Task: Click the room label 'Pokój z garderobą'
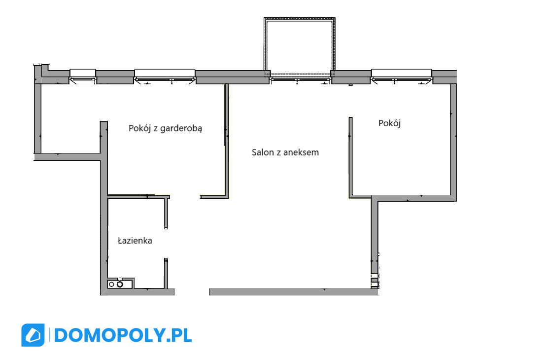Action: [165, 128]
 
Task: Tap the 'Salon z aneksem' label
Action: [285, 152]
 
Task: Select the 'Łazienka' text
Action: [135, 241]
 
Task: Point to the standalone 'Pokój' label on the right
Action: [389, 123]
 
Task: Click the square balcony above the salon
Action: [300, 19]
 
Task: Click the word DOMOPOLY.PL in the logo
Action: [123, 335]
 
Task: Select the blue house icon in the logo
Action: [33, 335]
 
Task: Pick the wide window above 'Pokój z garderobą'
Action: [165, 76]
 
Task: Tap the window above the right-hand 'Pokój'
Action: [402, 76]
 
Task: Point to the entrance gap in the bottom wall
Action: [192, 291]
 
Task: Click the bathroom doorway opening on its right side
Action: [166, 244]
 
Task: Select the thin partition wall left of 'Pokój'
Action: [351, 157]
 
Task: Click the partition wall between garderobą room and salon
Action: [226, 140]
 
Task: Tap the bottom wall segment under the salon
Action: [294, 291]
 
